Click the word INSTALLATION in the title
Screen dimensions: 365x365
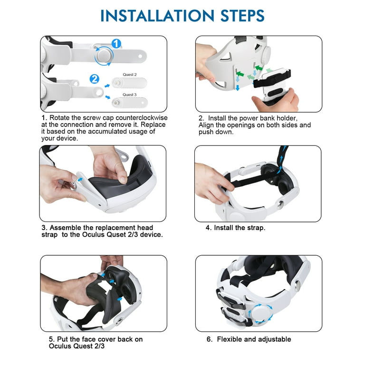point(157,16)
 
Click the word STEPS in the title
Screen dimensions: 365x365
point(242,16)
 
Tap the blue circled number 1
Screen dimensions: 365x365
point(116,44)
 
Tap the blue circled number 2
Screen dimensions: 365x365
point(95,79)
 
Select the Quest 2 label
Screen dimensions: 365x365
point(130,75)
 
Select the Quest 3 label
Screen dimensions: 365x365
point(130,95)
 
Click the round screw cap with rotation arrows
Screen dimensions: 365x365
point(104,56)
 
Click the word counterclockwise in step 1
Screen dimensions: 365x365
point(142,117)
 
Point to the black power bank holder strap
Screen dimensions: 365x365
point(272,79)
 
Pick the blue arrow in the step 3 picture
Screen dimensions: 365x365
point(80,180)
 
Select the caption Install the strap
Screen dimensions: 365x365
point(235,228)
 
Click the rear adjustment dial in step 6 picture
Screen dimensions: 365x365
point(260,314)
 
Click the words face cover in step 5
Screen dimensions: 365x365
point(98,339)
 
